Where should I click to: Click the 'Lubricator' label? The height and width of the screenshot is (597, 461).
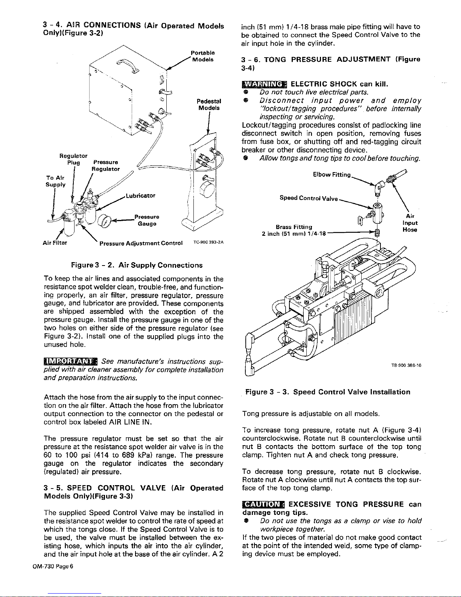[140, 195]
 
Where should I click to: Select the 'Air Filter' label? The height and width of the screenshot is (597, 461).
[55, 243]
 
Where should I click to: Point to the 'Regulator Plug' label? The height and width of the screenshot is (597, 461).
[73, 159]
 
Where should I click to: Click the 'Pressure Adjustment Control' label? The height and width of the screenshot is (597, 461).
[141, 243]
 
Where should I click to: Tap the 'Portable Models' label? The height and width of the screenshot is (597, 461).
[203, 56]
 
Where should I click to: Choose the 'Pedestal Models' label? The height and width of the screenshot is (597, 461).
[209, 104]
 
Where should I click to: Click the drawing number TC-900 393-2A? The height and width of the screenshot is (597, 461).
[208, 242]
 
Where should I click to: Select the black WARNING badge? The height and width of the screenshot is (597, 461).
[265, 84]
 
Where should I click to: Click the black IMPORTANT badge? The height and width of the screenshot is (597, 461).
[70, 361]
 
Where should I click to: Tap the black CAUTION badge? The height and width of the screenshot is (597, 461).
[264, 504]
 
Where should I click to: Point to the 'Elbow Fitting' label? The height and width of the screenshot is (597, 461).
[332, 175]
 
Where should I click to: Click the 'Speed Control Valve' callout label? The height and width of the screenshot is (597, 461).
[309, 198]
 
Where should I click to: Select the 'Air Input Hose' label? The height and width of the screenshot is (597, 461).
[410, 223]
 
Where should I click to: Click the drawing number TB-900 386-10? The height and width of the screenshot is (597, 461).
[406, 365]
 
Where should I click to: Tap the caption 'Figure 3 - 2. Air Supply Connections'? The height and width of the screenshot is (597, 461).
[137, 265]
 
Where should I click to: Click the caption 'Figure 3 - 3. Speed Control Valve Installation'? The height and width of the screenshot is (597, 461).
[328, 392]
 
